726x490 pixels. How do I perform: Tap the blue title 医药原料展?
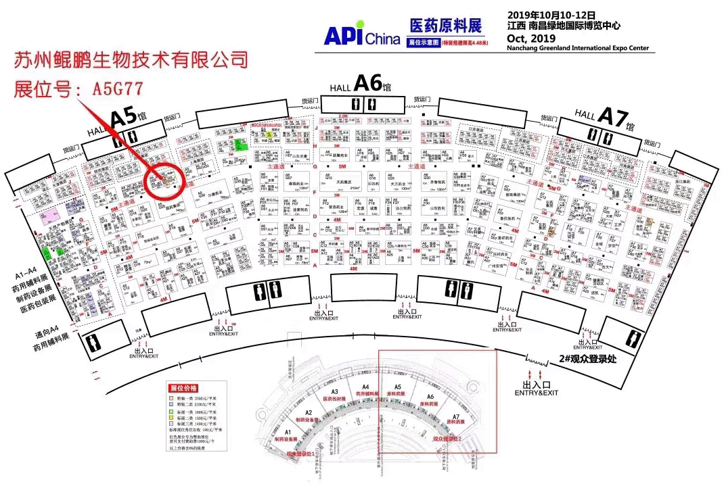coord(445,26)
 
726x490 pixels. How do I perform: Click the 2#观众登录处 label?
coord(588,360)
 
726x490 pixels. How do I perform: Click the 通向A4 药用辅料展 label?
coord(50,341)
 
